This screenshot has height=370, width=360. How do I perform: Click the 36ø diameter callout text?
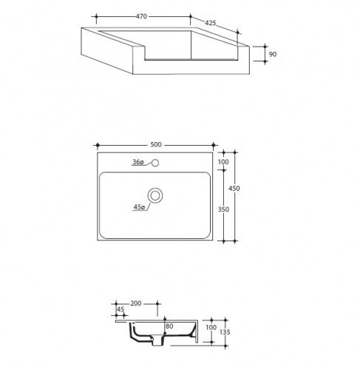pos(137,162)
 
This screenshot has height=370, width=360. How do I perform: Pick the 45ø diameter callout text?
pos(137,208)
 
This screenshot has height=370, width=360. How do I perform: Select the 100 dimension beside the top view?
pos(225,163)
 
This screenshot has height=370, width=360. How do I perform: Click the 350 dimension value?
pos(225,210)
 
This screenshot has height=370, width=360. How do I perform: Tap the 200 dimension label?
pos(136,303)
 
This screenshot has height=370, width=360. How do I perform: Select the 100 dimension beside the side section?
pos(210,327)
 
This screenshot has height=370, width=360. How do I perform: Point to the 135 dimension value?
pos(225,332)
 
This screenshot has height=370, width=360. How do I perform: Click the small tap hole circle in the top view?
pos(155,163)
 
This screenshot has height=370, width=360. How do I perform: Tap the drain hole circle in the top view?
pos(155,195)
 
